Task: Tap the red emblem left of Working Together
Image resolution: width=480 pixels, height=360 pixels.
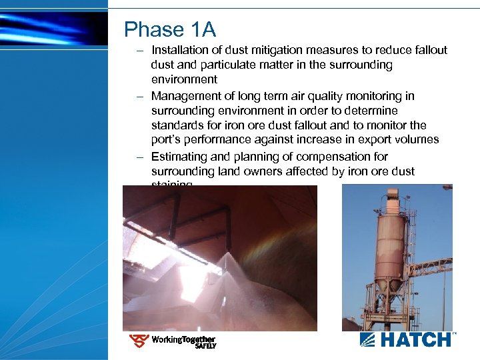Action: coord(139,341)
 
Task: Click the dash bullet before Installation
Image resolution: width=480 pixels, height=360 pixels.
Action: coord(141,51)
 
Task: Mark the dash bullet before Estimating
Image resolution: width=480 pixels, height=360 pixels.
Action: coord(141,157)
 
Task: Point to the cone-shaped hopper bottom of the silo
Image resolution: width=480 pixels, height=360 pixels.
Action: coord(389,283)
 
